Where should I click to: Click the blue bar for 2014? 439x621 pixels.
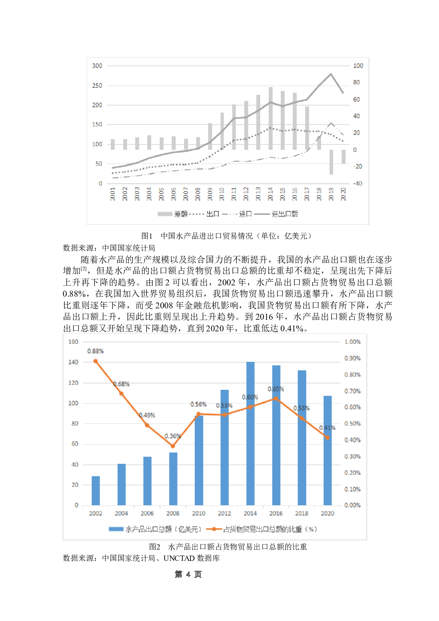[x=250, y=433]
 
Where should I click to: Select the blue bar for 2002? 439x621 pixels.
[x=96, y=490]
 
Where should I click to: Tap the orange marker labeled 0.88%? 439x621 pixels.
[x=96, y=361]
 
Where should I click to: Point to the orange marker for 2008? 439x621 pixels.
[x=173, y=446]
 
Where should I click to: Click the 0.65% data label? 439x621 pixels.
[x=276, y=389]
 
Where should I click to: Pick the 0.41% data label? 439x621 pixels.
[x=327, y=428]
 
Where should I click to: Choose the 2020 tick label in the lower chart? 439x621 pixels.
[x=327, y=513]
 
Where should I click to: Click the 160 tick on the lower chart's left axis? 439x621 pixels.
[x=73, y=342]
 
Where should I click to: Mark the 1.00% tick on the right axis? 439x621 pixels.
[x=352, y=342]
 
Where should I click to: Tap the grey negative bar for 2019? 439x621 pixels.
[x=331, y=162]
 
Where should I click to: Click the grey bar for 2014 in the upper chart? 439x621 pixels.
[x=270, y=118]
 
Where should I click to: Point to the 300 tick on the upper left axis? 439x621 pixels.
[x=97, y=66]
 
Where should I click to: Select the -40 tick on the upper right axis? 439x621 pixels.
[x=358, y=183]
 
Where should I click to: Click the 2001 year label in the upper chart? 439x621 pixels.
[x=113, y=194]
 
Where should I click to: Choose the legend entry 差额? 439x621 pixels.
[x=180, y=214]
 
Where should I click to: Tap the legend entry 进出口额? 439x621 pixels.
[x=284, y=214]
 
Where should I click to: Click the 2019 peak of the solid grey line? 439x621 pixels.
[x=331, y=74]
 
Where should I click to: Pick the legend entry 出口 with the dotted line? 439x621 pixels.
[x=212, y=214]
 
